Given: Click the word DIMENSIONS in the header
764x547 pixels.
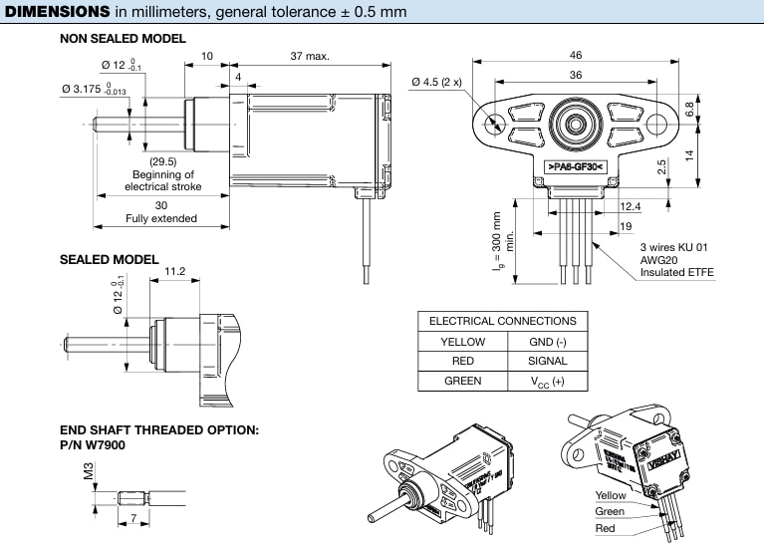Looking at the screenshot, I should click(x=58, y=12).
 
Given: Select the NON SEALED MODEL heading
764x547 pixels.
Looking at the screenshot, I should click(x=123, y=39).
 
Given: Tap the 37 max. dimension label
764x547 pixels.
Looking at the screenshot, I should click(x=310, y=57).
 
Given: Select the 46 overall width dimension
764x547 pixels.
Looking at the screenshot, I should click(x=576, y=57).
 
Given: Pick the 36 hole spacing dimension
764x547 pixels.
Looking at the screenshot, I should click(x=576, y=75).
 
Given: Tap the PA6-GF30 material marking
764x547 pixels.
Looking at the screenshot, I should click(x=576, y=166).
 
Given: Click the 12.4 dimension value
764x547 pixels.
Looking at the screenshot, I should click(x=630, y=206).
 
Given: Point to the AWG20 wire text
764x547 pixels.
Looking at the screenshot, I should click(x=658, y=258).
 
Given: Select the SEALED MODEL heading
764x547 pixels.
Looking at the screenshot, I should click(x=109, y=260).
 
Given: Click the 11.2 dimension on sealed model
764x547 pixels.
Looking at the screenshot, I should click(x=175, y=270).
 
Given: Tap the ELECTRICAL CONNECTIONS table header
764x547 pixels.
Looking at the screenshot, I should click(x=502, y=321).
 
